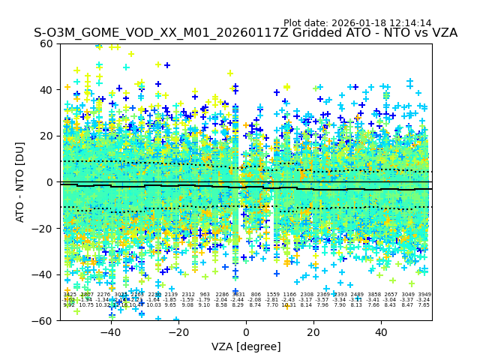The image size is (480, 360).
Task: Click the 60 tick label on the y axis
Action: click(46, 43)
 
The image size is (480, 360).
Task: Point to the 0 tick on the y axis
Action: click(51, 182)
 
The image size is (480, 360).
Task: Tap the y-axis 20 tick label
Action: click(46, 136)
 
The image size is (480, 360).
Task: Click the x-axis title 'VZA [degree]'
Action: click(245, 346)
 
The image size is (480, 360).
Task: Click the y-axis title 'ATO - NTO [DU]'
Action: click(21, 182)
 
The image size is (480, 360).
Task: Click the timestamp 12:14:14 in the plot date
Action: click(407, 23)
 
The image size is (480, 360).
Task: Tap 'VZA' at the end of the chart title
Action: click(442, 33)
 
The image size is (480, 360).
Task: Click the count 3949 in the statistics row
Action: click(424, 295)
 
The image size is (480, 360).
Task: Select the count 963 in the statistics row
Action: click(205, 295)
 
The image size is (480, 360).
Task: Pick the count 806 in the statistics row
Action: click(256, 295)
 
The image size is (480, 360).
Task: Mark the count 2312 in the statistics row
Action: click(188, 295)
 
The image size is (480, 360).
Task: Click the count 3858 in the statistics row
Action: click(374, 295)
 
